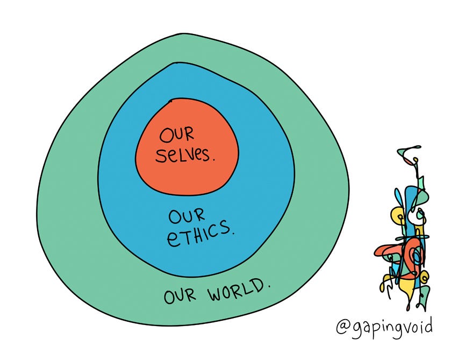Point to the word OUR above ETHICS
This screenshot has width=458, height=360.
coord(187,216)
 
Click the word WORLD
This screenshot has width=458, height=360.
coord(234,291)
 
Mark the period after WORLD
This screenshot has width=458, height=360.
coord(269,286)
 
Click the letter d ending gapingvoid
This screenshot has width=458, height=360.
coord(427,325)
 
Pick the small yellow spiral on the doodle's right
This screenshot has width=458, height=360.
coord(423,278)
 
